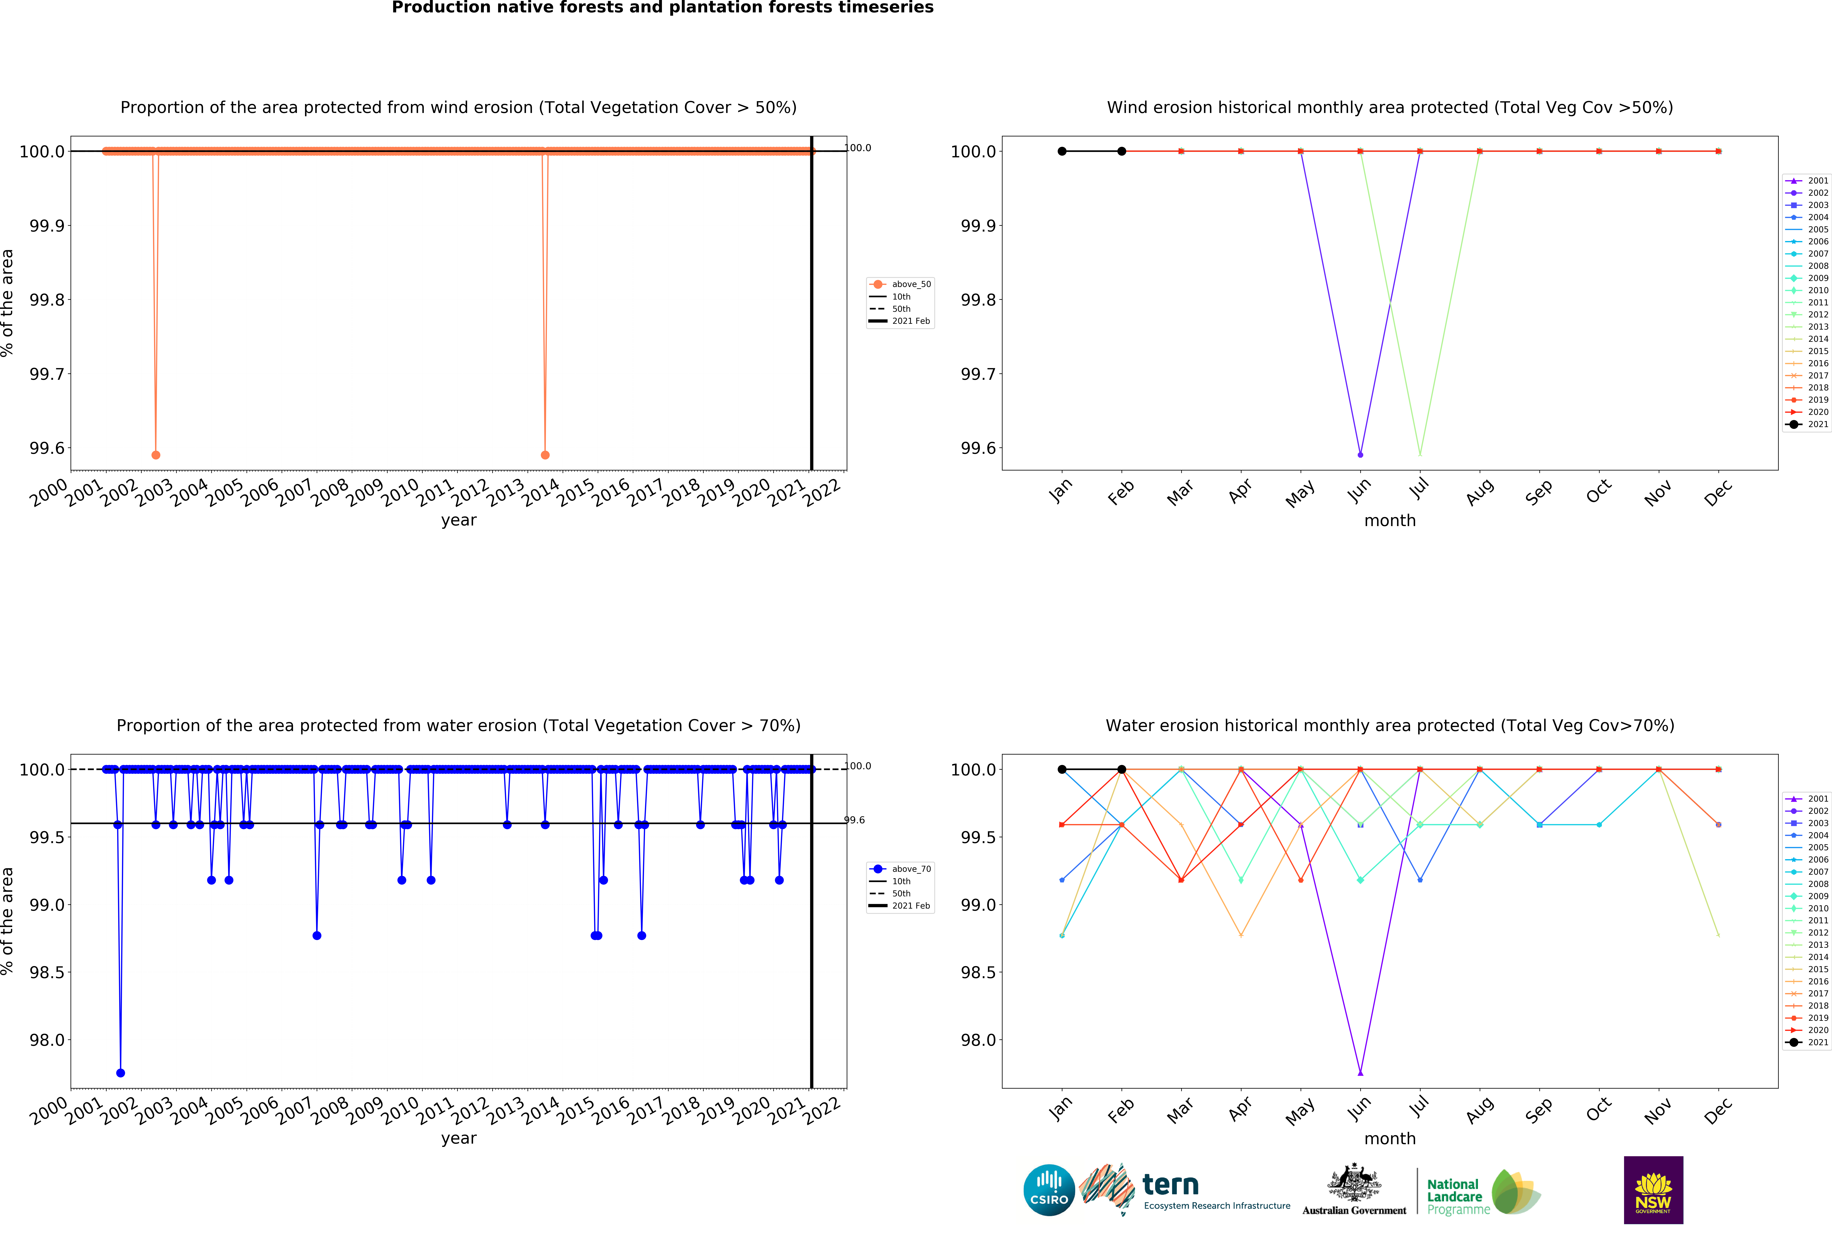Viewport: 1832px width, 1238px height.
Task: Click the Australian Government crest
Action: click(1354, 1182)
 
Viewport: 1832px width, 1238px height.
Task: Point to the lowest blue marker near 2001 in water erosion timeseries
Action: click(120, 1073)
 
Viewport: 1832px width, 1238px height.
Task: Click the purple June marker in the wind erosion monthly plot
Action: click(1360, 455)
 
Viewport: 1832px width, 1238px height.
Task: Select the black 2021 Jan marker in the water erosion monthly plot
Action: click(1062, 769)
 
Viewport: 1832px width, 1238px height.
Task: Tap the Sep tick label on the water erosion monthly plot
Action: click(1538, 1110)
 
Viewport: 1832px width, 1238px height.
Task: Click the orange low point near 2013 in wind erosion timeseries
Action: click(545, 455)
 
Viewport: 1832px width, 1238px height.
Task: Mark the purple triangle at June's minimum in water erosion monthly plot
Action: click(1360, 1073)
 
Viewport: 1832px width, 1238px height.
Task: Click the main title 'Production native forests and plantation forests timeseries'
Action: click(662, 8)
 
